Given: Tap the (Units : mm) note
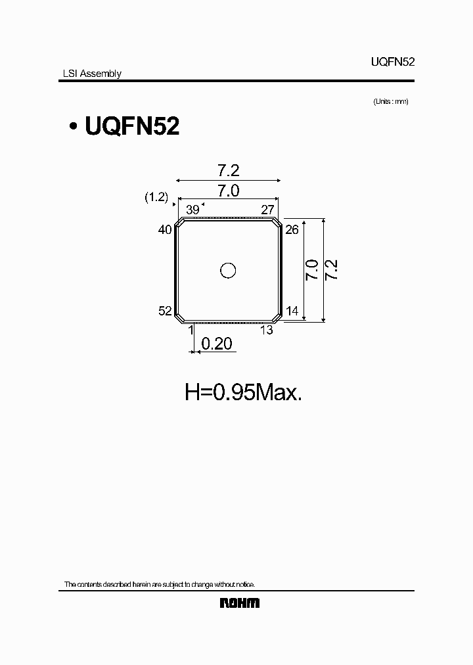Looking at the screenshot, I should [391, 101].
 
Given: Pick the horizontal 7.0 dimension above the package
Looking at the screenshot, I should [228, 191].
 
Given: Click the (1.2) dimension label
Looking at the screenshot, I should [156, 196].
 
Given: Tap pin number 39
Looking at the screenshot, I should [192, 210].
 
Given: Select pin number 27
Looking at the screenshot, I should [267, 210].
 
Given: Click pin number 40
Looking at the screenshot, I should [165, 229].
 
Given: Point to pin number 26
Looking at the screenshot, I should [293, 229].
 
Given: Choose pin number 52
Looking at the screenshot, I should [165, 311].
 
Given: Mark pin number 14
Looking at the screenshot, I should [293, 311].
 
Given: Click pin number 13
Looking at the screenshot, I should [267, 330].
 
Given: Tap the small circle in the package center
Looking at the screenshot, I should [228, 270].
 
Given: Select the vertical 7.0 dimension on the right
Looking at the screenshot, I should [311, 270].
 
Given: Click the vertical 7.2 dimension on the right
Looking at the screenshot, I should [332, 270].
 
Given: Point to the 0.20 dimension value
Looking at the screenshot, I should [217, 344].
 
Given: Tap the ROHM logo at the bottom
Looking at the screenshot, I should [239, 603].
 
